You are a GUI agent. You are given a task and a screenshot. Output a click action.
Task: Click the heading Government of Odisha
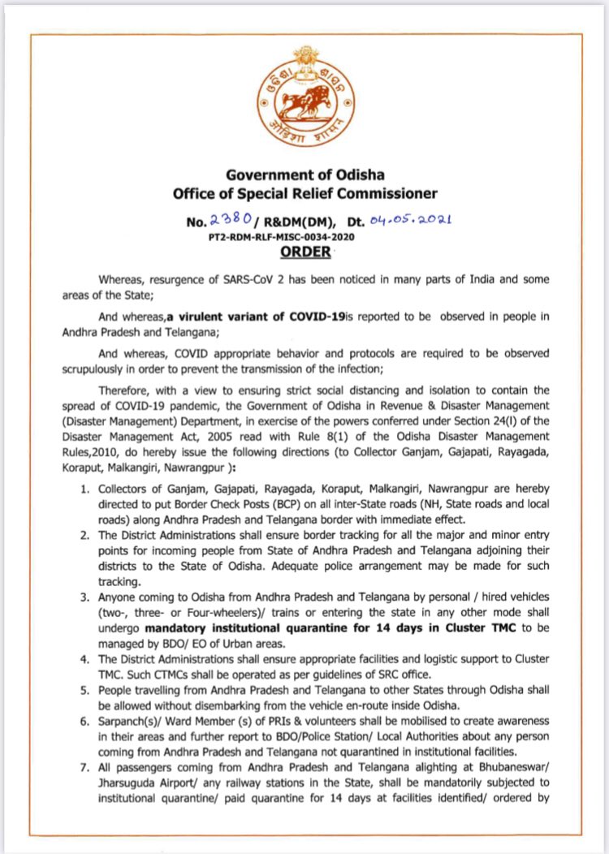[305, 175]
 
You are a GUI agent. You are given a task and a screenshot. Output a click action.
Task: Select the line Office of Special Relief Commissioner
[305, 193]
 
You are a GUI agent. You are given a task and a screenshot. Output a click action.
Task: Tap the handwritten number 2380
[248, 218]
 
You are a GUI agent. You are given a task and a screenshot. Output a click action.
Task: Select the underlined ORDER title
[305, 252]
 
